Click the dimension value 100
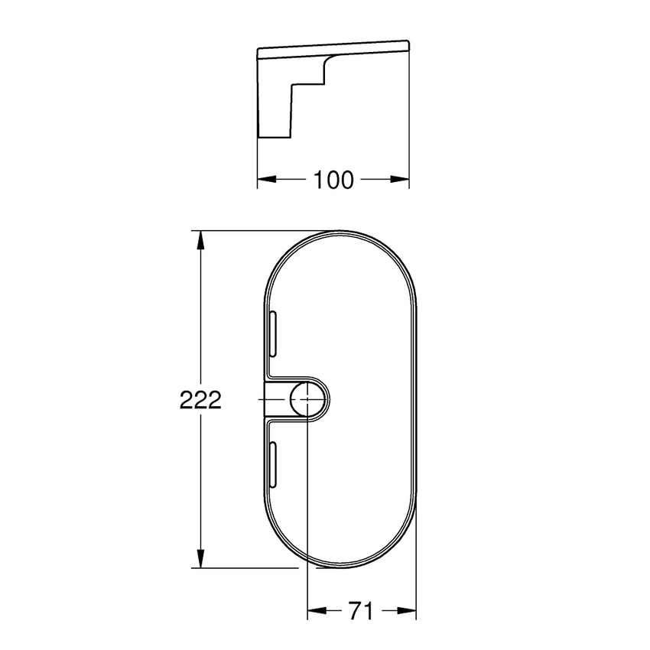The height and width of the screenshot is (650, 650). pos(333,180)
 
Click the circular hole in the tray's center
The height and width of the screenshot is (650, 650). pos(307,399)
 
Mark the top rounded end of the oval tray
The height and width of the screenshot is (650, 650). pos(340,234)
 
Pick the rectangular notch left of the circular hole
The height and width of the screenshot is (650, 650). pos(276,399)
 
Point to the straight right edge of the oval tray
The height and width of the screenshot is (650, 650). pos(416,399)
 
